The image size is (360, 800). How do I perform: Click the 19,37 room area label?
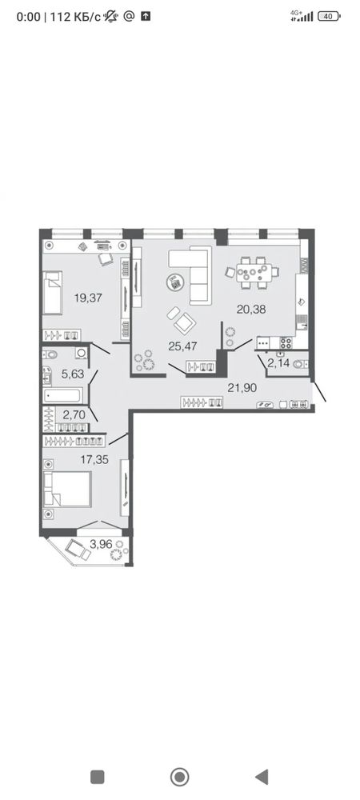(x=88, y=298)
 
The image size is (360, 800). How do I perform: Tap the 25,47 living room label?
(x=182, y=346)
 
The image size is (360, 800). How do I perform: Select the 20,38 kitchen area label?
(x=251, y=308)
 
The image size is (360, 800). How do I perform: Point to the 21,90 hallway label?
(x=242, y=388)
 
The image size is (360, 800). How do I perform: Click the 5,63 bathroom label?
(x=72, y=374)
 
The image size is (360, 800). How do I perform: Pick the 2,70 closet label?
(x=73, y=414)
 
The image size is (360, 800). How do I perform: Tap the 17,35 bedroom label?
(x=94, y=460)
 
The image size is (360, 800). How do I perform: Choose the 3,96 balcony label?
(x=101, y=544)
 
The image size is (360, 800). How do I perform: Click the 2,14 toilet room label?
(x=278, y=363)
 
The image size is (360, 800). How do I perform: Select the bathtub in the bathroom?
(x=64, y=396)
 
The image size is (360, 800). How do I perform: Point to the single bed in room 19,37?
(x=52, y=292)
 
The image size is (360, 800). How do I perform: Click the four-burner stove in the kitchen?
(x=286, y=343)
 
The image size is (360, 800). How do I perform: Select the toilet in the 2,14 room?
(x=304, y=364)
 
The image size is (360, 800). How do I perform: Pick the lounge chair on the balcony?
(x=78, y=550)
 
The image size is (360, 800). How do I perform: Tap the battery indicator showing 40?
(x=328, y=16)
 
